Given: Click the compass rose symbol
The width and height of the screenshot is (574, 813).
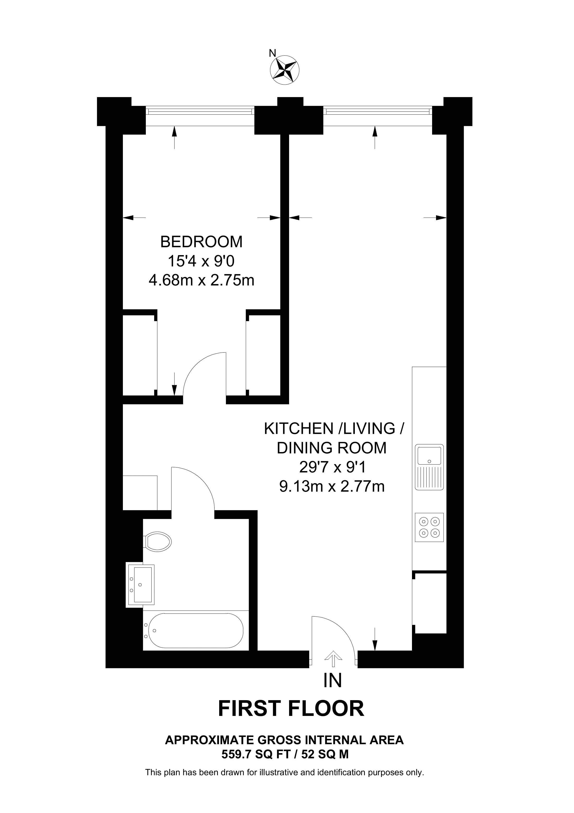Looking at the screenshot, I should (x=284, y=70).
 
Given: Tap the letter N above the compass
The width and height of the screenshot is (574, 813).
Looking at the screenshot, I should (x=272, y=53).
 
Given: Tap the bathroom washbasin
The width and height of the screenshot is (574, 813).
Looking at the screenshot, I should (x=141, y=584).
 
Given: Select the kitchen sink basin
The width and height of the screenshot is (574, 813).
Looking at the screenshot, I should (x=429, y=456).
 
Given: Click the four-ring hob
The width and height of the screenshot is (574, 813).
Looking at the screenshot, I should (x=429, y=527).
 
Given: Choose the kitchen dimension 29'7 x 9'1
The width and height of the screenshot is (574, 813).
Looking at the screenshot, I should (x=332, y=467).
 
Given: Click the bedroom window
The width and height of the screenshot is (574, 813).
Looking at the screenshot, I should (x=200, y=112).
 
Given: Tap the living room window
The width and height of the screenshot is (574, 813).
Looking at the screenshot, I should (x=378, y=112).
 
